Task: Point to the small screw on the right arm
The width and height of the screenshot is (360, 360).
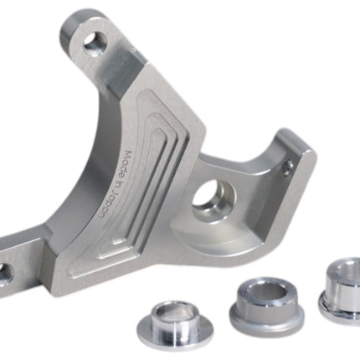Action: click(x=288, y=168)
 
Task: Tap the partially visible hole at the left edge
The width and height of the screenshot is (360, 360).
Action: click(x=5, y=275)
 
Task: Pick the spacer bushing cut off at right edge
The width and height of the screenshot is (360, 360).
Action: click(x=341, y=291)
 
